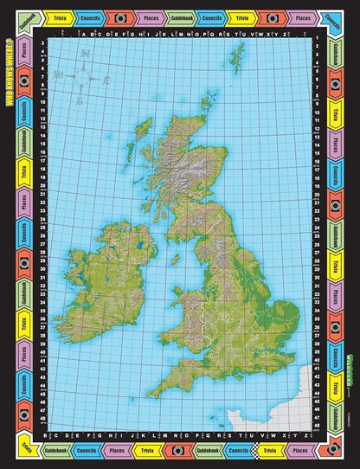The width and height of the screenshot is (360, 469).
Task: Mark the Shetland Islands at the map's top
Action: click(236, 56)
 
